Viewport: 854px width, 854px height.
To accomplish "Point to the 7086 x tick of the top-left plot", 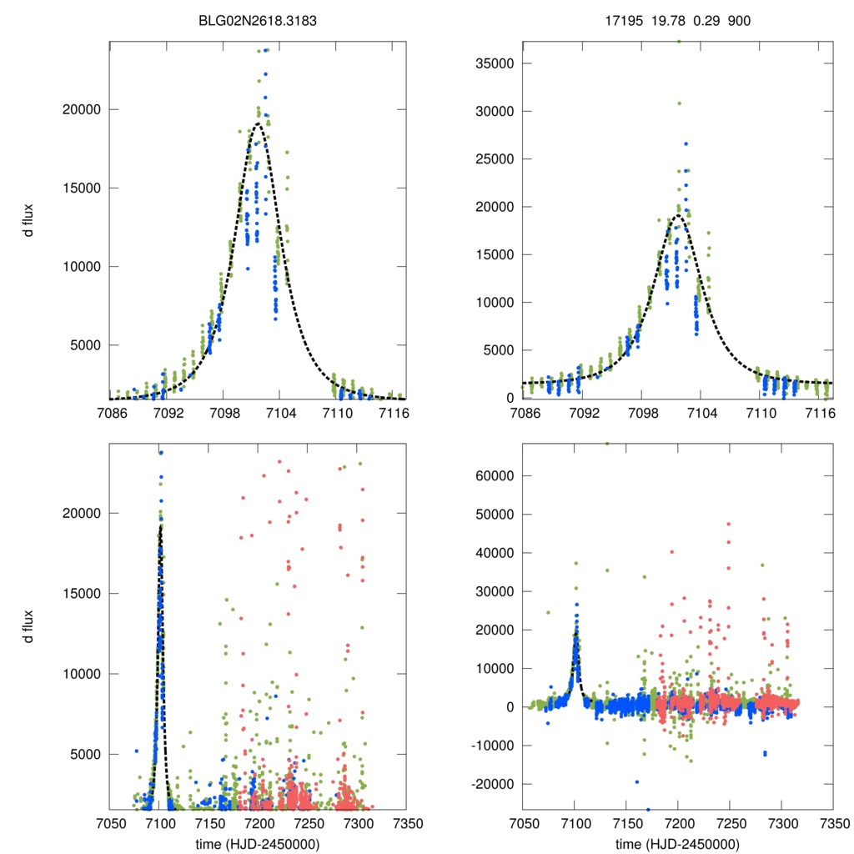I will click(x=111, y=412).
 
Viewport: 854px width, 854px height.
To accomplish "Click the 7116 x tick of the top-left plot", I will click(x=393, y=412).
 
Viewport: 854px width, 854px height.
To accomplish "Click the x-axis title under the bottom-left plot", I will click(x=257, y=842).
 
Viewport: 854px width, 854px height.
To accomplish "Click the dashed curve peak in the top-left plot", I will click(x=258, y=124).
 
